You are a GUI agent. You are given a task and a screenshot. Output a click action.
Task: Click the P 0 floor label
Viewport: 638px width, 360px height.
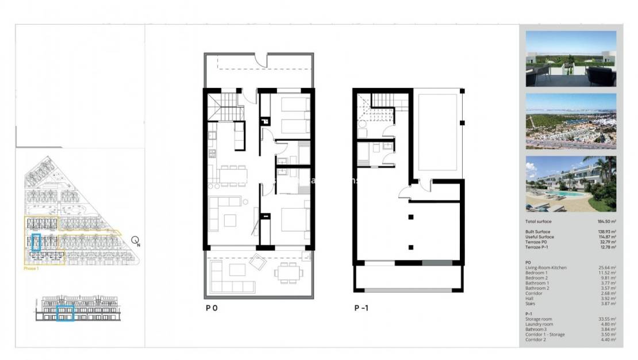pyautogui.click(x=211, y=308)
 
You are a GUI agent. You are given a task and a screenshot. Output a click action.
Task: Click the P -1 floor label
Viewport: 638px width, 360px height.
pyautogui.click(x=362, y=308)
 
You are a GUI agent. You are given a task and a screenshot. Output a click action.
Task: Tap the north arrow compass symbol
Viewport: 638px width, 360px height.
pyautogui.click(x=135, y=241)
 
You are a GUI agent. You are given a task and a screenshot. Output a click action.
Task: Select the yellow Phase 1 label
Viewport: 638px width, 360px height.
pyautogui.click(x=31, y=269)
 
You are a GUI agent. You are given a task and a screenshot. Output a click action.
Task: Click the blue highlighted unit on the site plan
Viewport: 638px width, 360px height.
pyautogui.click(x=36, y=242)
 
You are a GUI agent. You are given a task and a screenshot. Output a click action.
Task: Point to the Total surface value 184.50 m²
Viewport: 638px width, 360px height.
pyautogui.click(x=606, y=221)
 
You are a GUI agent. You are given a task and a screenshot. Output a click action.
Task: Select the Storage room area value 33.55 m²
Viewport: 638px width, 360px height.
pyautogui.click(x=607, y=319)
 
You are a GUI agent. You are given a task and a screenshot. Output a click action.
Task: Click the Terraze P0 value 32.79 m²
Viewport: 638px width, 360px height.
pyautogui.click(x=607, y=242)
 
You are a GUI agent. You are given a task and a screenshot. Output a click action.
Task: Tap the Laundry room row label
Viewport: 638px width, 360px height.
pyautogui.click(x=539, y=324)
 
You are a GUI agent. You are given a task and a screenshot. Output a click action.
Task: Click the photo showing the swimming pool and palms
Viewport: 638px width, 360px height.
pyautogui.click(x=571, y=183)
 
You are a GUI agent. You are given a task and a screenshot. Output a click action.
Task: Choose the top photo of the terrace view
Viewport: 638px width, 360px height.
pyautogui.click(x=571, y=59)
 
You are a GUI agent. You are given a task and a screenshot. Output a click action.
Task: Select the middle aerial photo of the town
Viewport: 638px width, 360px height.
pyautogui.click(x=571, y=121)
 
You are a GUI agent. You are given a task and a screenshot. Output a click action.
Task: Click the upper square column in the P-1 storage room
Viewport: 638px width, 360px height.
pyautogui.click(x=411, y=217)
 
